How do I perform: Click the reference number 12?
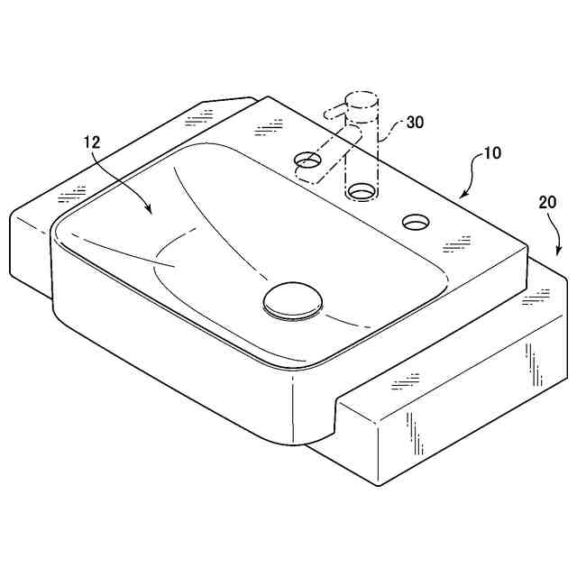pos(92,142)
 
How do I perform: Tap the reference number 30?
pos(415,123)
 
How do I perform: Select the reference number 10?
pos(491,153)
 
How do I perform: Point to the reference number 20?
pos(547,203)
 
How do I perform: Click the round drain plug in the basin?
pos(293,301)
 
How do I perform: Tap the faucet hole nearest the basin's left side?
pos(307,160)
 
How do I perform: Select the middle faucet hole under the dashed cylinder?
pos(362,191)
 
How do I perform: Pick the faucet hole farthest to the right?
pos(416,222)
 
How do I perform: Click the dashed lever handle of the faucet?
pos(335,110)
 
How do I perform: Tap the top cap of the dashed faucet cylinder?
pos(362,98)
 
